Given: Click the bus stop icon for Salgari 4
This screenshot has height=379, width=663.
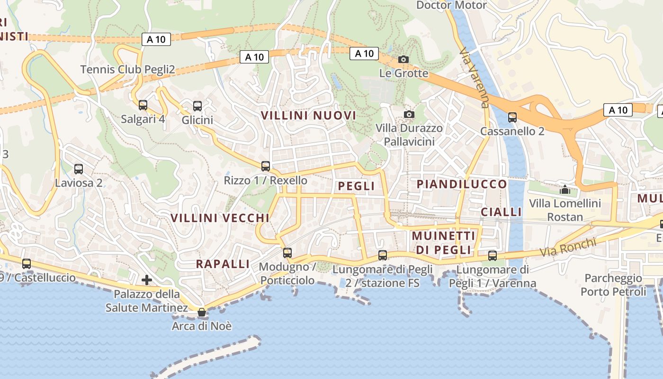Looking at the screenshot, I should click(x=143, y=105).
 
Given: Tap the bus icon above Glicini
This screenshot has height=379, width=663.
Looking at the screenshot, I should click(x=197, y=106).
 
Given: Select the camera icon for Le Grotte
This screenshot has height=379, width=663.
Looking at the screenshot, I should click(x=403, y=59).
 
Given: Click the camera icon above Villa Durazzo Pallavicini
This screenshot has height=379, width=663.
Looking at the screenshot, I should click(x=409, y=114).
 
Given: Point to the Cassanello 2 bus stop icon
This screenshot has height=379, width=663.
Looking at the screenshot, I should click(x=512, y=117).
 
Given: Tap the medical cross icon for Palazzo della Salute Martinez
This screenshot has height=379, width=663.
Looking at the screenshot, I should click(x=147, y=280).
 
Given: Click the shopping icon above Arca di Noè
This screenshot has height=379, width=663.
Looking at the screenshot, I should click(x=202, y=312).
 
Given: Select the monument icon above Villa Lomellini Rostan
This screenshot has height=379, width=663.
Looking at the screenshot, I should click(x=564, y=189).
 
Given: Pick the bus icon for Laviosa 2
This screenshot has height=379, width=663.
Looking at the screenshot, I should click(x=79, y=169).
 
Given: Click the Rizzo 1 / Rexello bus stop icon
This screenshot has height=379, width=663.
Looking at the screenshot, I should click(x=266, y=166).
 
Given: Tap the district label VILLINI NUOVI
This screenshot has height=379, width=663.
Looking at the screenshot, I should click(x=308, y=115).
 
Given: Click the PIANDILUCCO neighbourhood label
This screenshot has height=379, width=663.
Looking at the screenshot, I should click(x=462, y=184).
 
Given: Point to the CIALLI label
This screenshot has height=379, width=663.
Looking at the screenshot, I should click(x=501, y=212).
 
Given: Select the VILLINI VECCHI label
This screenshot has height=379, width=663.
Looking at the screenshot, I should click(x=220, y=218).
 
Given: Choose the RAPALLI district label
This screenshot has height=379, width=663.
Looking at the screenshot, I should click(x=223, y=264).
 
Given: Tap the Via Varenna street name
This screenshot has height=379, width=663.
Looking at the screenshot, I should click(x=474, y=78).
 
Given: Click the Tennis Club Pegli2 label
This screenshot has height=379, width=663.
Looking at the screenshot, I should click(x=127, y=70).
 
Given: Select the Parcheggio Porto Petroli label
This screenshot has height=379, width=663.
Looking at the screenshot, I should click(x=613, y=285).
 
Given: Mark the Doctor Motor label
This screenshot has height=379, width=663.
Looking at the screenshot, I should click(x=451, y=5).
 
